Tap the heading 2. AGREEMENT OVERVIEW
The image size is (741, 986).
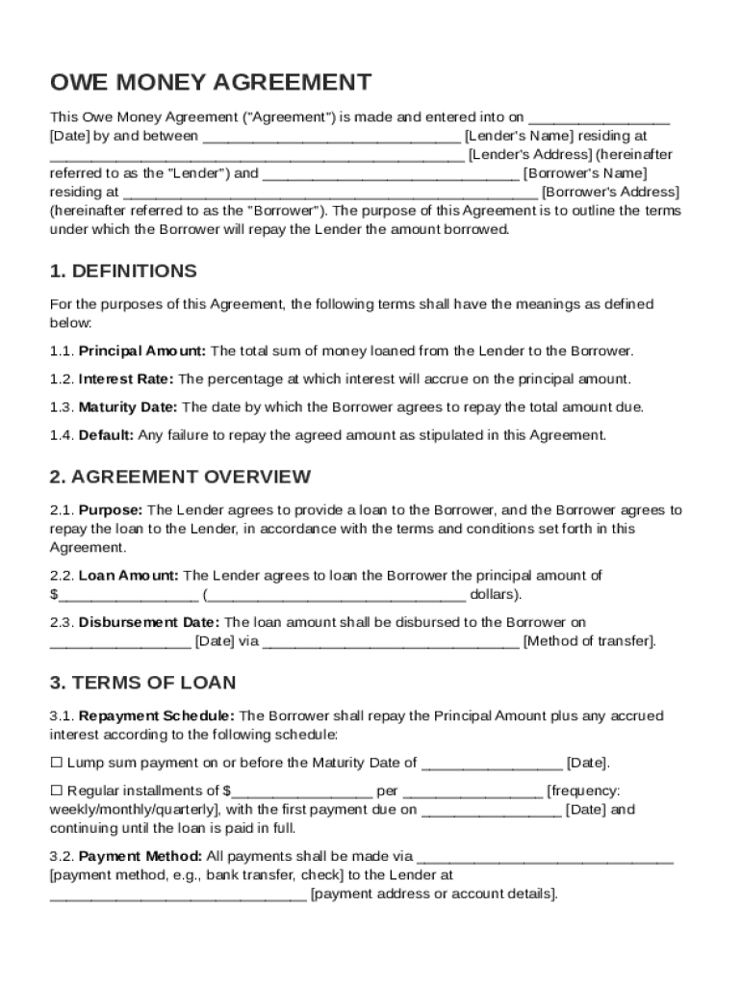pos(180,477)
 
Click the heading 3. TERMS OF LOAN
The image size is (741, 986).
pos(142,683)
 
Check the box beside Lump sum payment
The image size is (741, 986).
pos(56,763)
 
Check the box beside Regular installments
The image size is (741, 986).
pos(56,791)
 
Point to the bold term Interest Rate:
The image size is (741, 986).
pos(126,378)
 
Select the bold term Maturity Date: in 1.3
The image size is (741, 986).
pos(128,406)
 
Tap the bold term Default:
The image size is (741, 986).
pos(106,434)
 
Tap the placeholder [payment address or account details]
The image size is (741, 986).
pos(433,894)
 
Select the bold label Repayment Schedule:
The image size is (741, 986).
pos(156,715)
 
